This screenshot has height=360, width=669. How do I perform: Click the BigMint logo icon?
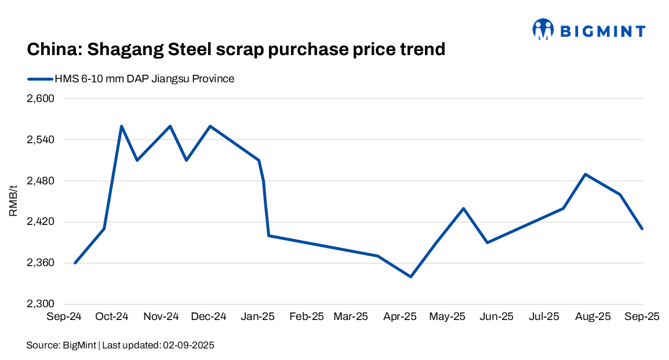543,29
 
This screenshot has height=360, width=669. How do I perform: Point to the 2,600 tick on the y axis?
40,99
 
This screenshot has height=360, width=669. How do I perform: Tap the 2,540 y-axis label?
40,140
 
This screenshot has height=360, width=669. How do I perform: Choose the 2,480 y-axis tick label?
40,181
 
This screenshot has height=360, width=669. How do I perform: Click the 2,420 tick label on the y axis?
40,223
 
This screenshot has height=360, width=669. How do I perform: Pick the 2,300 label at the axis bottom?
40,304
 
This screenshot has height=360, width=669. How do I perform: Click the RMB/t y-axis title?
13,201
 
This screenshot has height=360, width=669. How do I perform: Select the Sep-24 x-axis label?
63,317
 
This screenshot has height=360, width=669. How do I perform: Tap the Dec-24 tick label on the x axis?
208,317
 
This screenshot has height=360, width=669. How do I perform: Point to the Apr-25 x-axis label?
401,317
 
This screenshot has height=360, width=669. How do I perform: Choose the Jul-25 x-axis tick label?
545,317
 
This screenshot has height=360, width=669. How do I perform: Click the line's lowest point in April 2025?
411,277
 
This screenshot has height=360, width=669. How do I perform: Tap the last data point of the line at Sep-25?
642,229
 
